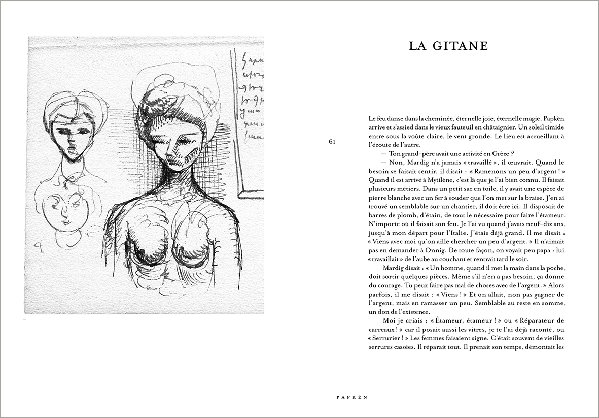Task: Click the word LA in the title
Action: click(418, 46)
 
